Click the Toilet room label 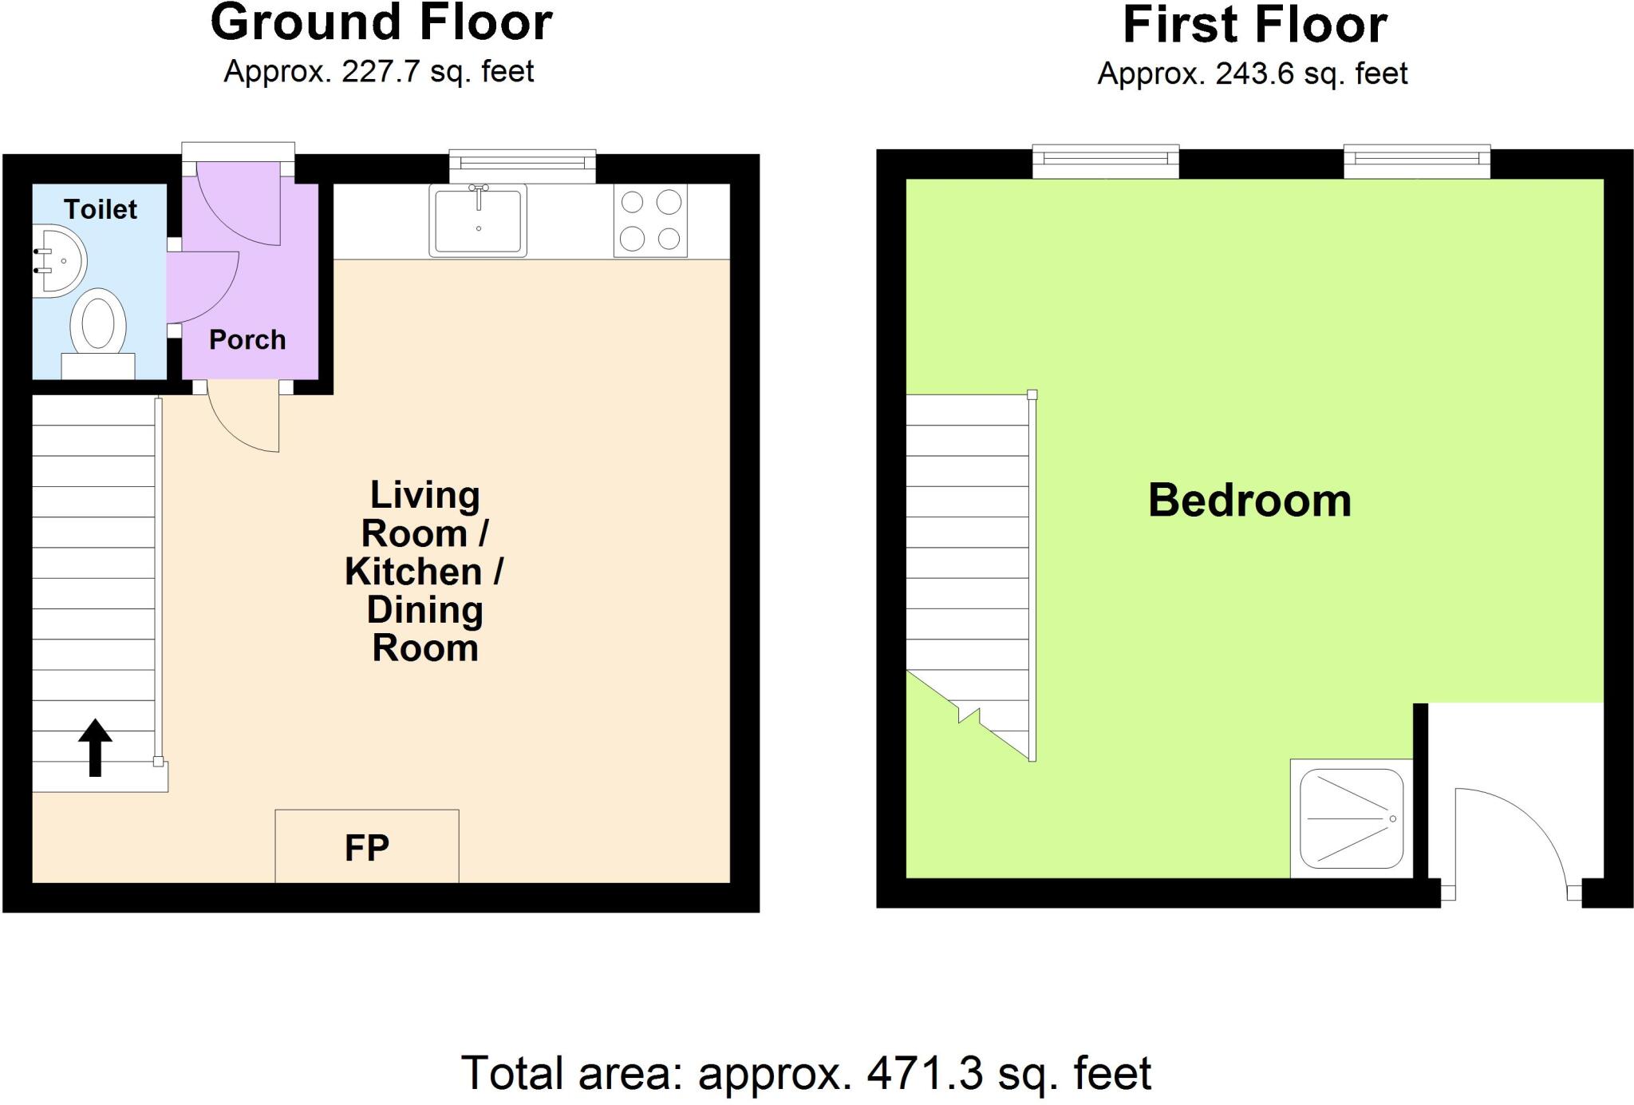(101, 209)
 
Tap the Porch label (247, 340)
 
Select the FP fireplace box (367, 846)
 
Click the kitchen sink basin (478, 220)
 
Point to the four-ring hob (650, 220)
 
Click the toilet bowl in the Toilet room (98, 326)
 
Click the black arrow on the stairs (95, 747)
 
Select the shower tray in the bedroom (1351, 818)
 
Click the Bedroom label (1249, 501)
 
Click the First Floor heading (1254, 25)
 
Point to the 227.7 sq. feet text (437, 72)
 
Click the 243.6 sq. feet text (1311, 73)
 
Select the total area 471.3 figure (925, 1073)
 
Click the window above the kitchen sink (523, 164)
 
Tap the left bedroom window (1106, 161)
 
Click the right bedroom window (1417, 161)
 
